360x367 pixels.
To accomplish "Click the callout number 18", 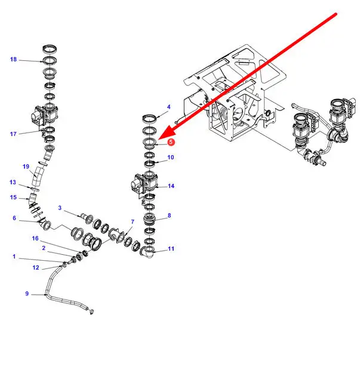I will (14, 59).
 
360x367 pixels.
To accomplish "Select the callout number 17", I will (13, 134).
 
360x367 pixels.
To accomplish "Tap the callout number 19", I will (26, 166).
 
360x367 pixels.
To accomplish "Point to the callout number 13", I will (13, 182).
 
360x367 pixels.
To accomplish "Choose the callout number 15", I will (13, 198).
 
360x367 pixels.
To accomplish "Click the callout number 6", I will (14, 218).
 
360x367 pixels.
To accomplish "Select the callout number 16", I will (35, 238).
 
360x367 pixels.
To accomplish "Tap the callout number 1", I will (14, 257).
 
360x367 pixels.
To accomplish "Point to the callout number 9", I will (27, 293).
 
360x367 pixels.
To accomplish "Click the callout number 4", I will (169, 107).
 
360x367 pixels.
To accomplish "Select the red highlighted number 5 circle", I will (171, 143).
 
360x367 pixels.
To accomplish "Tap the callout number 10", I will (171, 158).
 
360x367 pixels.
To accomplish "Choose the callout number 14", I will (171, 186).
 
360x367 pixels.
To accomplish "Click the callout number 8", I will (169, 215).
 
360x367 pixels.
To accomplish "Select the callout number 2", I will (44, 247).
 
